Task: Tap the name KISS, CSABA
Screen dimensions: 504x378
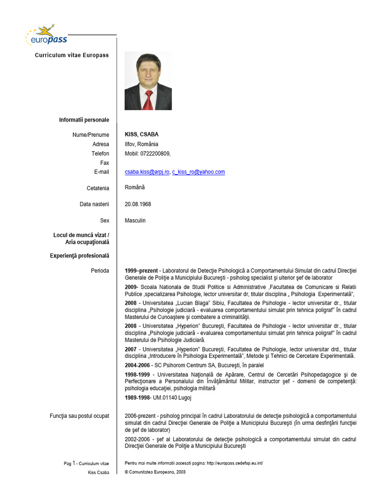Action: (142, 134)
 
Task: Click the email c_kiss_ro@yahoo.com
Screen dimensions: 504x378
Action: (198, 172)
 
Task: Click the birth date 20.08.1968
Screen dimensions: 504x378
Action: (138, 204)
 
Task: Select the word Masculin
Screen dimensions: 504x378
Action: (135, 220)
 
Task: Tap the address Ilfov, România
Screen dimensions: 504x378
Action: (142, 144)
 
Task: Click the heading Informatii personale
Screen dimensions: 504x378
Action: (84, 120)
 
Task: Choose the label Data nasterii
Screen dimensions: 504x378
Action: (94, 204)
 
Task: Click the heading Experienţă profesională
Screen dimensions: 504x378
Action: (80, 256)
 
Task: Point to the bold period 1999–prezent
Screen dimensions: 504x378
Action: (141, 270)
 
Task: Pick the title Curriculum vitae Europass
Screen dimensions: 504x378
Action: (72, 55)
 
